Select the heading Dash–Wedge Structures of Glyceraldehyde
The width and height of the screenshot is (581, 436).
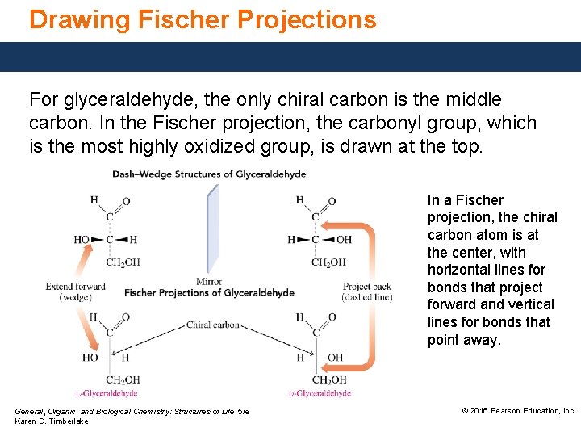pyautogui.click(x=209, y=174)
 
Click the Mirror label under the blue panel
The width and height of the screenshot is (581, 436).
pyautogui.click(x=208, y=282)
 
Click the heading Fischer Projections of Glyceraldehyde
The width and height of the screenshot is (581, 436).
pyautogui.click(x=209, y=292)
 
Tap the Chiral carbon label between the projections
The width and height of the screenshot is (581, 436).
pyautogui.click(x=213, y=325)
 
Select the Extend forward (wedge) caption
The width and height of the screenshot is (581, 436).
pyautogui.click(x=75, y=291)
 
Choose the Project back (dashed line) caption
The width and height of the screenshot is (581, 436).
pyautogui.click(x=367, y=291)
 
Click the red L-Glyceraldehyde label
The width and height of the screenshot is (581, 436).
pyautogui.click(x=107, y=394)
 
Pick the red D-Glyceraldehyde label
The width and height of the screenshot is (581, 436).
pyautogui.click(x=320, y=394)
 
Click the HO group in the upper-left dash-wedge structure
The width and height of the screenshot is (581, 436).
pyautogui.click(x=82, y=240)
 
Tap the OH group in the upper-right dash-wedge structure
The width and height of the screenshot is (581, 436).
pyautogui.click(x=344, y=240)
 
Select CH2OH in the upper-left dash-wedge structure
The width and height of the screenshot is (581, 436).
pyautogui.click(x=123, y=262)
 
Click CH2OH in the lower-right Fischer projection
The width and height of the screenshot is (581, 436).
pyautogui.click(x=329, y=380)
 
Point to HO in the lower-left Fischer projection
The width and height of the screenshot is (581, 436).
pyautogui.click(x=89, y=358)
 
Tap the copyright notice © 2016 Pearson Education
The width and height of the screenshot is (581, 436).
pyautogui.click(x=518, y=411)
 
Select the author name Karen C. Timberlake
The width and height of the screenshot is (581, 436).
pyautogui.click(x=52, y=421)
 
